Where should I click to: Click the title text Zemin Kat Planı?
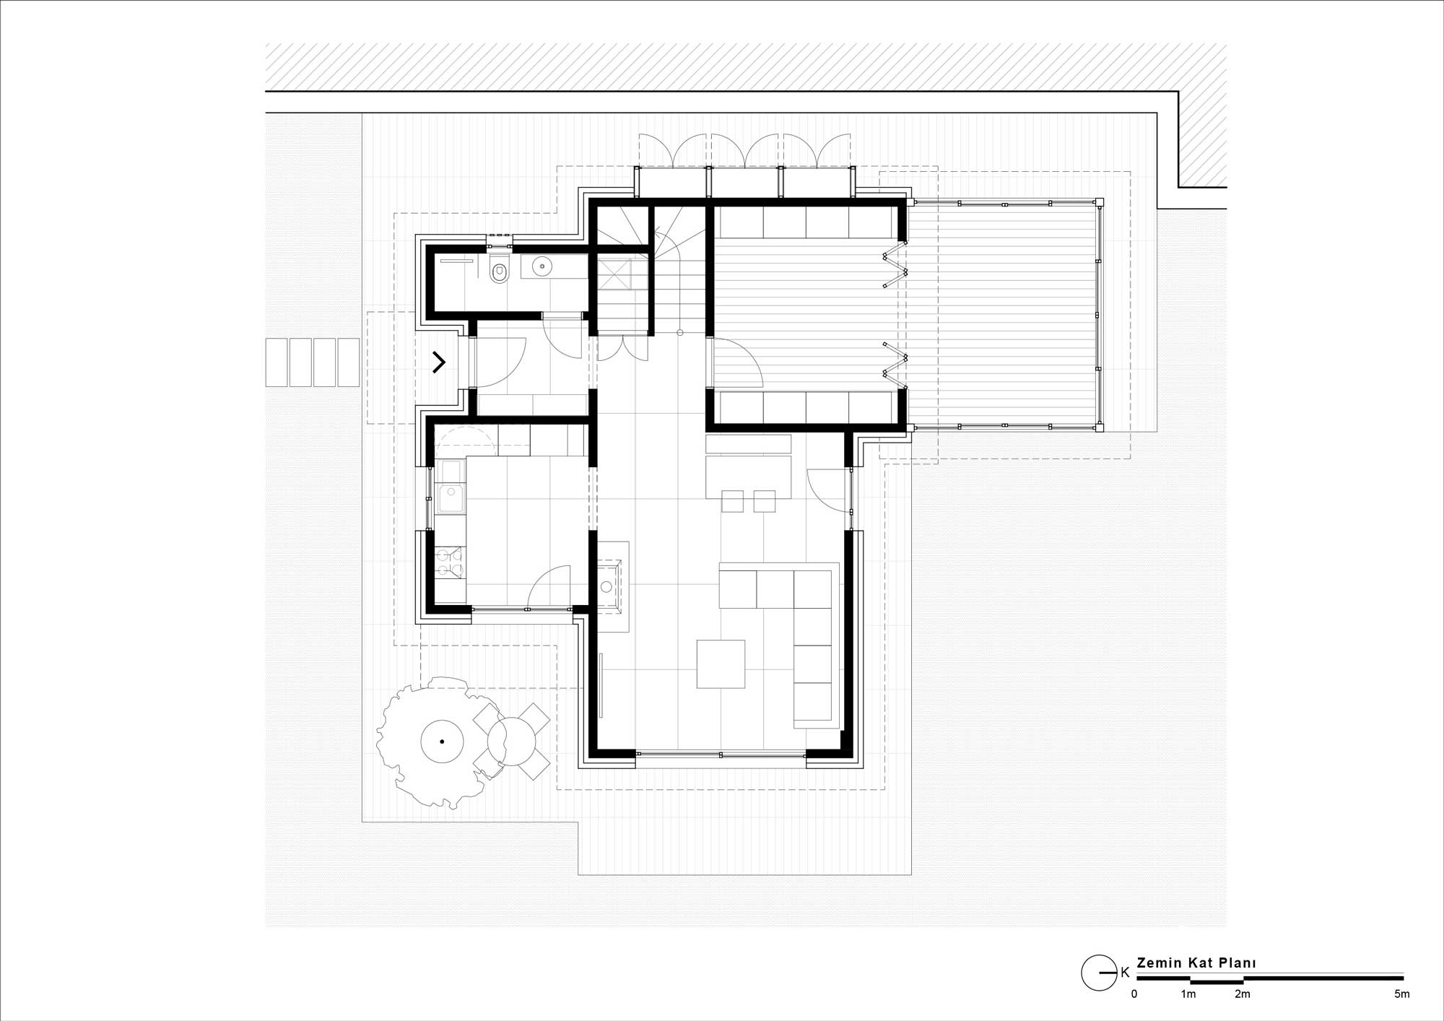(x=1196, y=963)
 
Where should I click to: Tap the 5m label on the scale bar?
(x=1401, y=994)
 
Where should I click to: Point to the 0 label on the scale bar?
(x=1134, y=994)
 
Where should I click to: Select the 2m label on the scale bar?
(x=1242, y=994)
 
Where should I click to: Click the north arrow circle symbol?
(x=1099, y=973)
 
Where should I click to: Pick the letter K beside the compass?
(x=1125, y=973)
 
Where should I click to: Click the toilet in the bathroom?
(x=499, y=270)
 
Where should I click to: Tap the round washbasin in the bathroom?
(x=542, y=267)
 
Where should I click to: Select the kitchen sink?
(x=452, y=498)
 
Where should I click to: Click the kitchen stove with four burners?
(x=449, y=563)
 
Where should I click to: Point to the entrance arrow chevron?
(x=439, y=362)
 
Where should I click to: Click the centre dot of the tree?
(x=442, y=742)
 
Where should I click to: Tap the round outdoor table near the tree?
(x=511, y=741)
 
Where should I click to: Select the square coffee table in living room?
(x=721, y=664)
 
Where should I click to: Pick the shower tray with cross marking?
(x=614, y=274)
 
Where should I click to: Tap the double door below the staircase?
(x=622, y=347)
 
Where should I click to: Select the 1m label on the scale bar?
(x=1188, y=994)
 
